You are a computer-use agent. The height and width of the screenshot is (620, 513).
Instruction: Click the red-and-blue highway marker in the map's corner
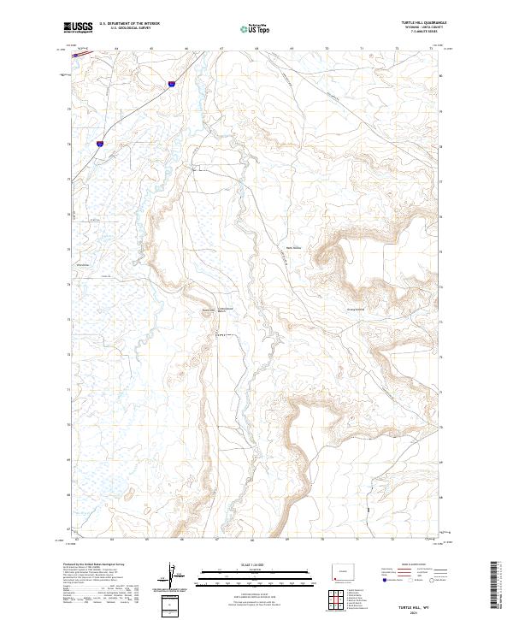[x=83, y=50]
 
